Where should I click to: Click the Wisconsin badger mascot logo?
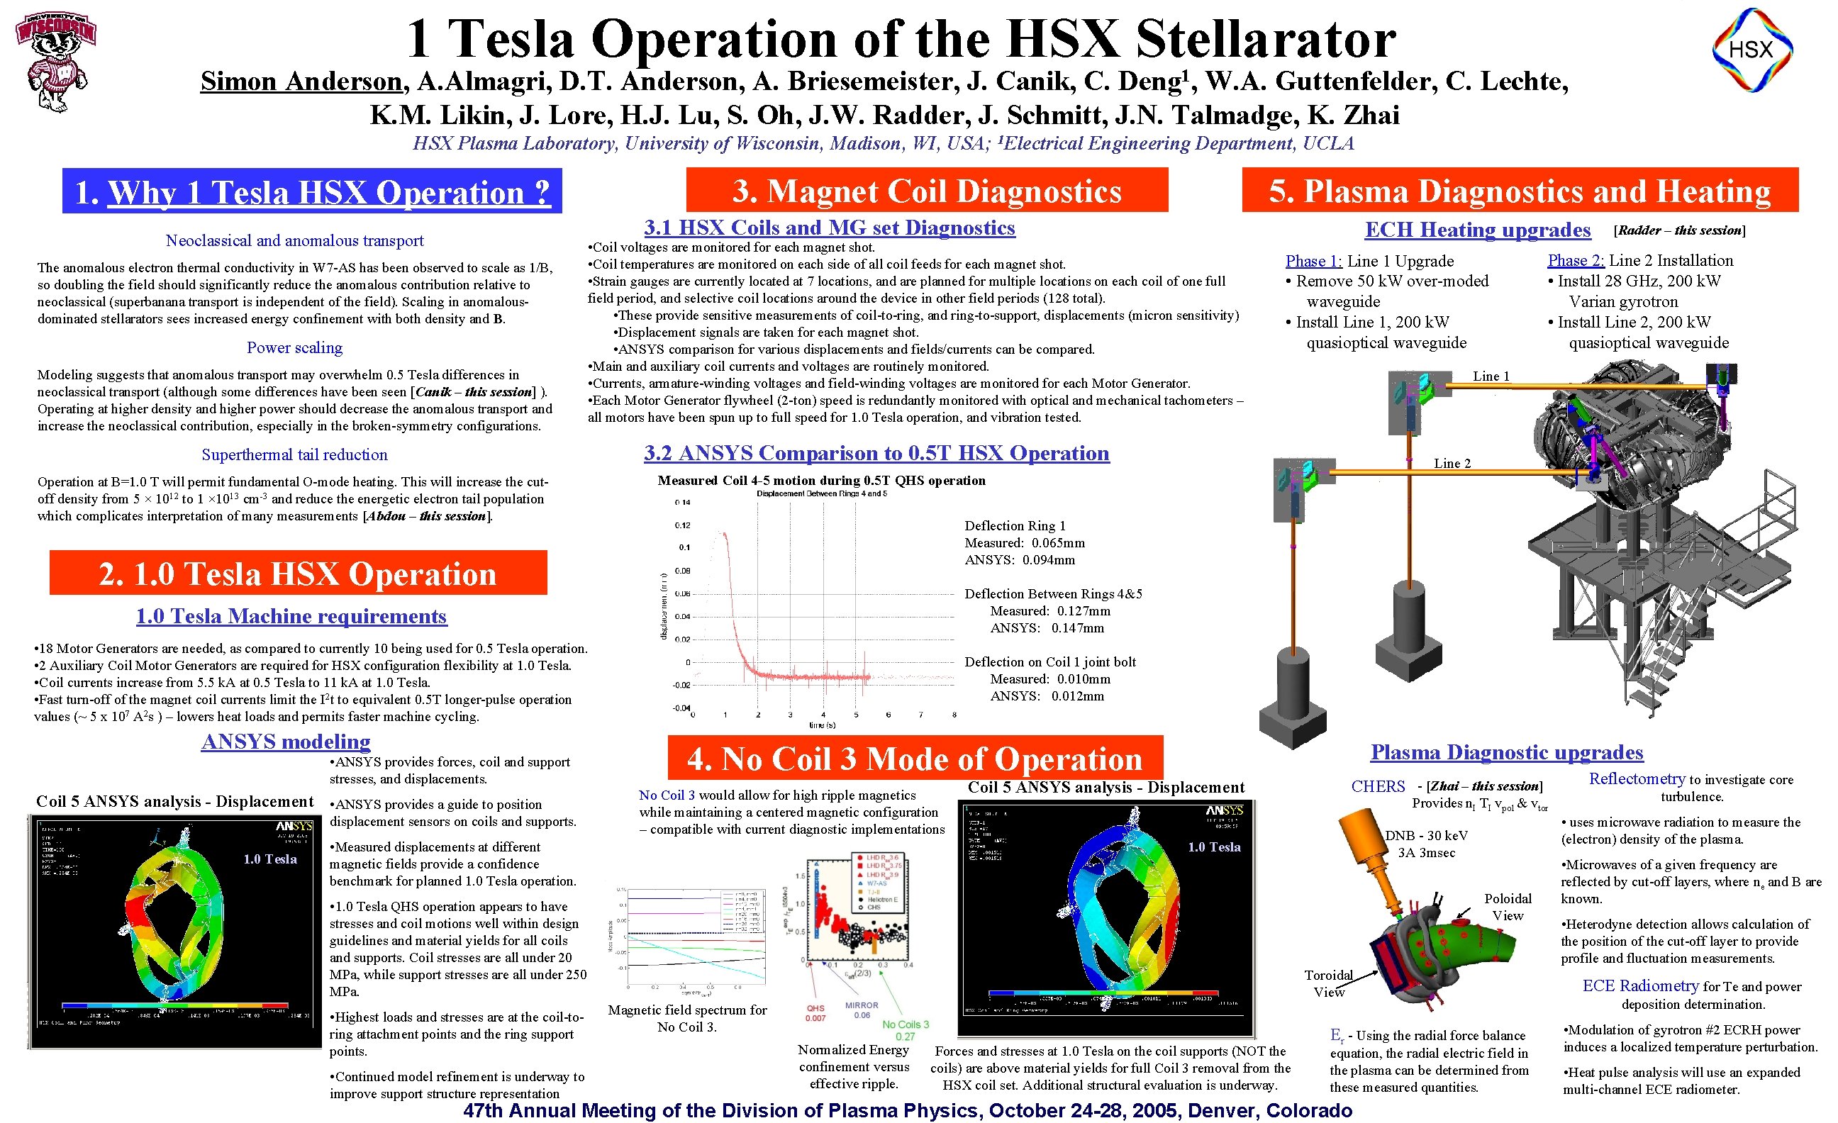pos(56,61)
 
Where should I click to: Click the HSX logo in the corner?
pos(1751,50)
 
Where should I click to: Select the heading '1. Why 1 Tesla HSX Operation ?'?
pos(312,191)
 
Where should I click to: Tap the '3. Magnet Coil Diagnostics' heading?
pos(927,191)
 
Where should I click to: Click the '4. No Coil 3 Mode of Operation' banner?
pos(915,759)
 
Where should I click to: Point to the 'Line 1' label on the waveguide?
pos(1491,376)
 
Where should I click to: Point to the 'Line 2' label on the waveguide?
pos(1452,464)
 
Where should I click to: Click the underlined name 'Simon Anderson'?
pos(301,82)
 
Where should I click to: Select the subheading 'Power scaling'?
pos(295,347)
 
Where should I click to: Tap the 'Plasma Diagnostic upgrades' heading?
pos(1506,752)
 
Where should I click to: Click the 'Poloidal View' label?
pos(1508,907)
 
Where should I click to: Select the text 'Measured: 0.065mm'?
pos(1024,543)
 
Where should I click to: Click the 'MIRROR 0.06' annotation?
pos(862,1010)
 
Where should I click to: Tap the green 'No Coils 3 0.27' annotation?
pos(906,1030)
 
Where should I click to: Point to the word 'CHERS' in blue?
pos(1378,787)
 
